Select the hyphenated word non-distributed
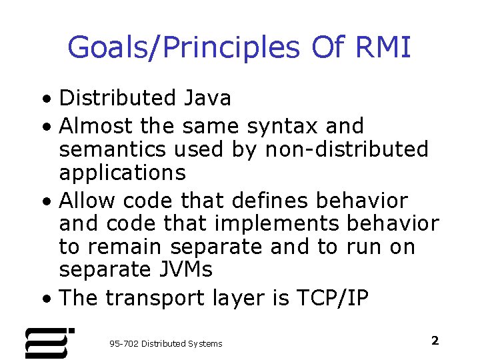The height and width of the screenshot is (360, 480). (x=347, y=149)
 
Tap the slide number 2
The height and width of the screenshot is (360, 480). (x=435, y=341)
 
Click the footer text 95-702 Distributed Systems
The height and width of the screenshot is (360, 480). (x=165, y=343)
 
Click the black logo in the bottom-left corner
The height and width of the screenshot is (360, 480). (x=49, y=341)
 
